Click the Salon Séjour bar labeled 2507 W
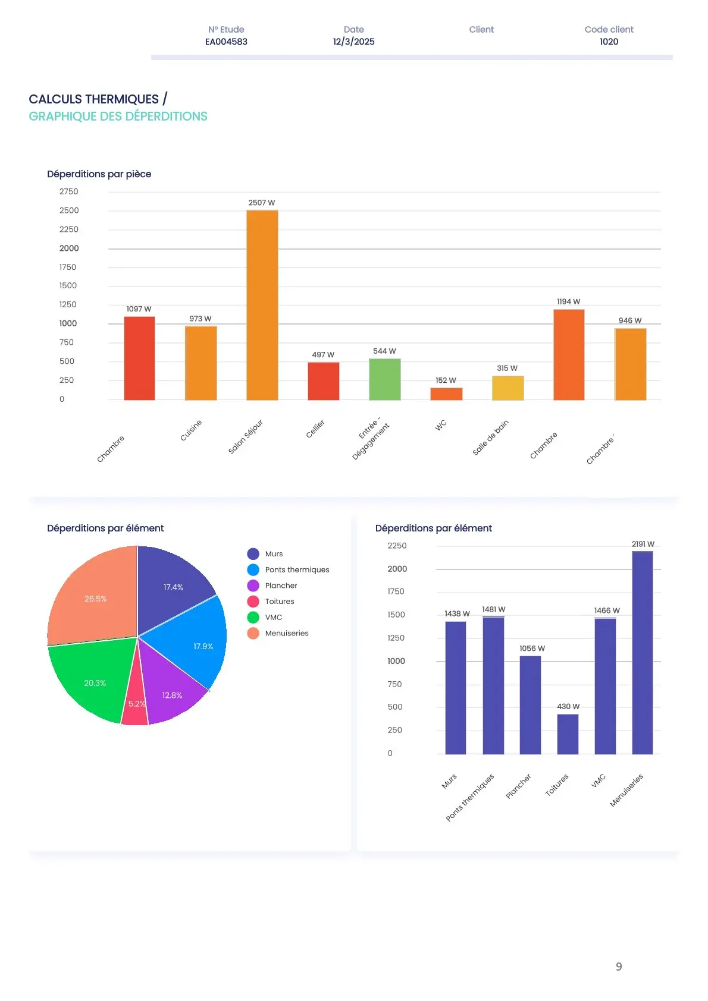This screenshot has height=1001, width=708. tap(262, 305)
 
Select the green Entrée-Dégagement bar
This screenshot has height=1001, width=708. tap(384, 379)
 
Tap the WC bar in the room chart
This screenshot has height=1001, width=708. tap(446, 394)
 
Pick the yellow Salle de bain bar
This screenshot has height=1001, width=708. tap(507, 388)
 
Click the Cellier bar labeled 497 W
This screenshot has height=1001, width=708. tap(323, 381)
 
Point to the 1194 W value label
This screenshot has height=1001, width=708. tap(568, 301)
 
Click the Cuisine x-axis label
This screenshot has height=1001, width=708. tap(191, 430)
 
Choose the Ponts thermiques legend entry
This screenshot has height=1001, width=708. tap(297, 569)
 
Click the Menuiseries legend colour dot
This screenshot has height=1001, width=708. tap(253, 633)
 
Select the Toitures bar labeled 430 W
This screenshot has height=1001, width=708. tap(568, 734)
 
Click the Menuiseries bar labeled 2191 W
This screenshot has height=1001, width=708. tap(642, 653)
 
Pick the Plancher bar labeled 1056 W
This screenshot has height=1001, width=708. tap(530, 705)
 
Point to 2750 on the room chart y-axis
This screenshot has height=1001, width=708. tap(68, 191)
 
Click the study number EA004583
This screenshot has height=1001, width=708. tap(226, 42)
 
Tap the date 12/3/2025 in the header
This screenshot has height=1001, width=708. tap(353, 42)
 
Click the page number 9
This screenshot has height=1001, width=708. tap(619, 967)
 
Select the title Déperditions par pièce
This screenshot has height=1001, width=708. tap(99, 174)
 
